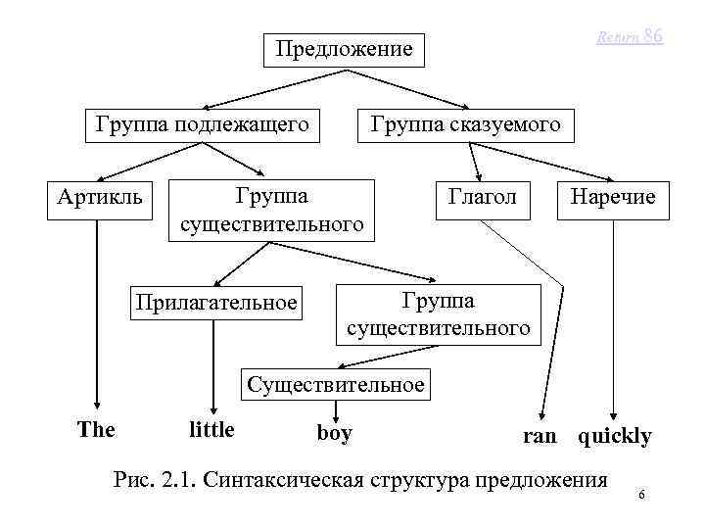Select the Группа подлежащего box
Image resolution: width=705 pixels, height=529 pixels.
coord(202,124)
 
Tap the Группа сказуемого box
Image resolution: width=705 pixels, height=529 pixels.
coord(464,124)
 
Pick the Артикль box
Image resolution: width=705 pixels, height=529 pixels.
coord(99,198)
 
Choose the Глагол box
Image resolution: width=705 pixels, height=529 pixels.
coord(482,198)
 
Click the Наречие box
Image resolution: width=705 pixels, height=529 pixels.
coord(613,198)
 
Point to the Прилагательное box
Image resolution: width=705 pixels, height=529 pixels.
coord(216,302)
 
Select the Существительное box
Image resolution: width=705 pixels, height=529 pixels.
coord(336,384)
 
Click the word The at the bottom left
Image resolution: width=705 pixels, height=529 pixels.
coord(96,430)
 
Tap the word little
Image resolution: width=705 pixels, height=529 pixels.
coord(211,430)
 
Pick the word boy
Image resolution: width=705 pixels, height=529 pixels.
coord(334,432)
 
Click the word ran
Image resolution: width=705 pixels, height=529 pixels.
coord(539,436)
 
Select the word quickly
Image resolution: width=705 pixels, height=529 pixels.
coord(615,436)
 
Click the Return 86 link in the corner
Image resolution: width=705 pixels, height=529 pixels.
coord(631,36)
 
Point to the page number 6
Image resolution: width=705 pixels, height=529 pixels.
coord(640,497)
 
